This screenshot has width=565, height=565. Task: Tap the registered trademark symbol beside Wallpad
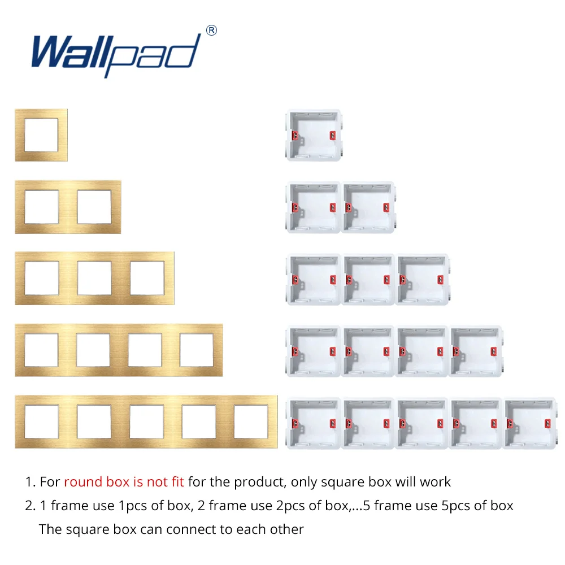pos(211,31)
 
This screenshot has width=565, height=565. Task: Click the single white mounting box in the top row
pos(314,136)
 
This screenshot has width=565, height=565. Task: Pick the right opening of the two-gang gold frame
pos(94,207)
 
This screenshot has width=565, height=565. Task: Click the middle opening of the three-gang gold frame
pos(94,278)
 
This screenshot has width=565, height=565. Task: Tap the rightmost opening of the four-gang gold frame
pos(197,350)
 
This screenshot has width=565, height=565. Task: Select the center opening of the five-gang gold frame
pos(147,421)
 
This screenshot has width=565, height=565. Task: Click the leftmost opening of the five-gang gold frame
pos(42,421)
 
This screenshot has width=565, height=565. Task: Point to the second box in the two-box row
pos(368,207)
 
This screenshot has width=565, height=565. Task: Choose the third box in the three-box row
pos(422,280)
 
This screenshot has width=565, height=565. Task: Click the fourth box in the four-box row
pos(476,351)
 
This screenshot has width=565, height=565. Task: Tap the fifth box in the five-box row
pos(530,423)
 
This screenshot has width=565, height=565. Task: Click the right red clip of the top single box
pos(333,136)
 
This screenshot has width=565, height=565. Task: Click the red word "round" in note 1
pos(83,482)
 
